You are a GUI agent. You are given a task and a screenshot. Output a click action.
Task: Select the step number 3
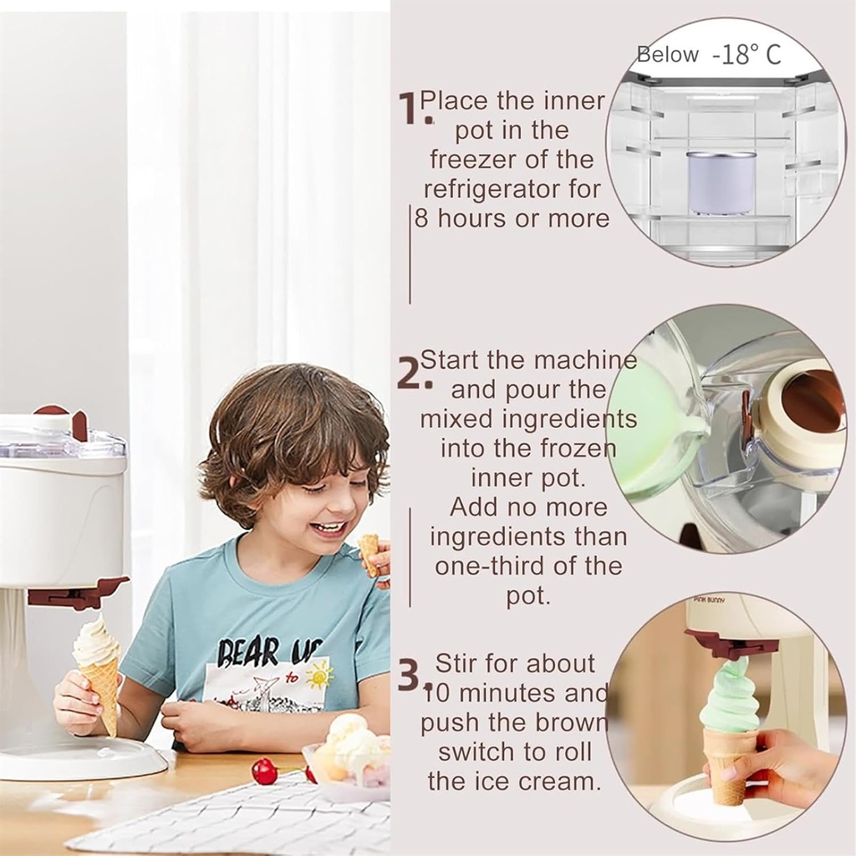[409, 675]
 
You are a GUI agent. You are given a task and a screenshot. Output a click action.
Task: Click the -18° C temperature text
[746, 55]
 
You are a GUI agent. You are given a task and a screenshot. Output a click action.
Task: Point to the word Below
[667, 55]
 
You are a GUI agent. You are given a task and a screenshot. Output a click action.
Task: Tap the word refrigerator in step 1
[512, 189]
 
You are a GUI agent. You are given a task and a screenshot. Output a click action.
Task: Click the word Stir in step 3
[458, 664]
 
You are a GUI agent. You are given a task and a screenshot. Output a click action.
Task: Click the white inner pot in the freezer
[721, 181]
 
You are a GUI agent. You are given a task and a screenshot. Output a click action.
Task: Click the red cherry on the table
[264, 771]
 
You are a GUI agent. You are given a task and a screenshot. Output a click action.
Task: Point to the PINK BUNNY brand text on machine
[709, 600]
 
